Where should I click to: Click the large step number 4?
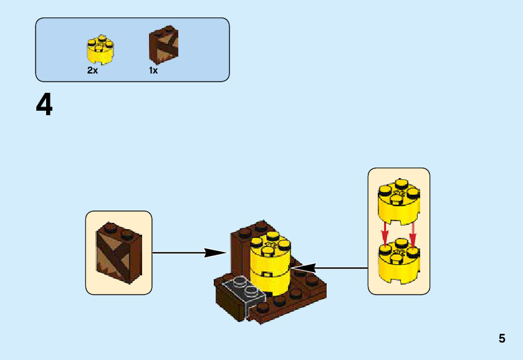[x=44, y=105]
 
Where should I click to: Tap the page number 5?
[x=502, y=339]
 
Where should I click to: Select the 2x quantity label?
[x=92, y=70]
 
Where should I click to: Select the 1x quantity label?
[x=153, y=70]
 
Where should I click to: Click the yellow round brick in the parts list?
[x=100, y=50]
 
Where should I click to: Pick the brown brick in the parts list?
[x=163, y=46]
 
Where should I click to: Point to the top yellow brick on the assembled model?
[x=269, y=252]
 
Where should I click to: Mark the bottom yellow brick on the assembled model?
[x=269, y=280]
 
